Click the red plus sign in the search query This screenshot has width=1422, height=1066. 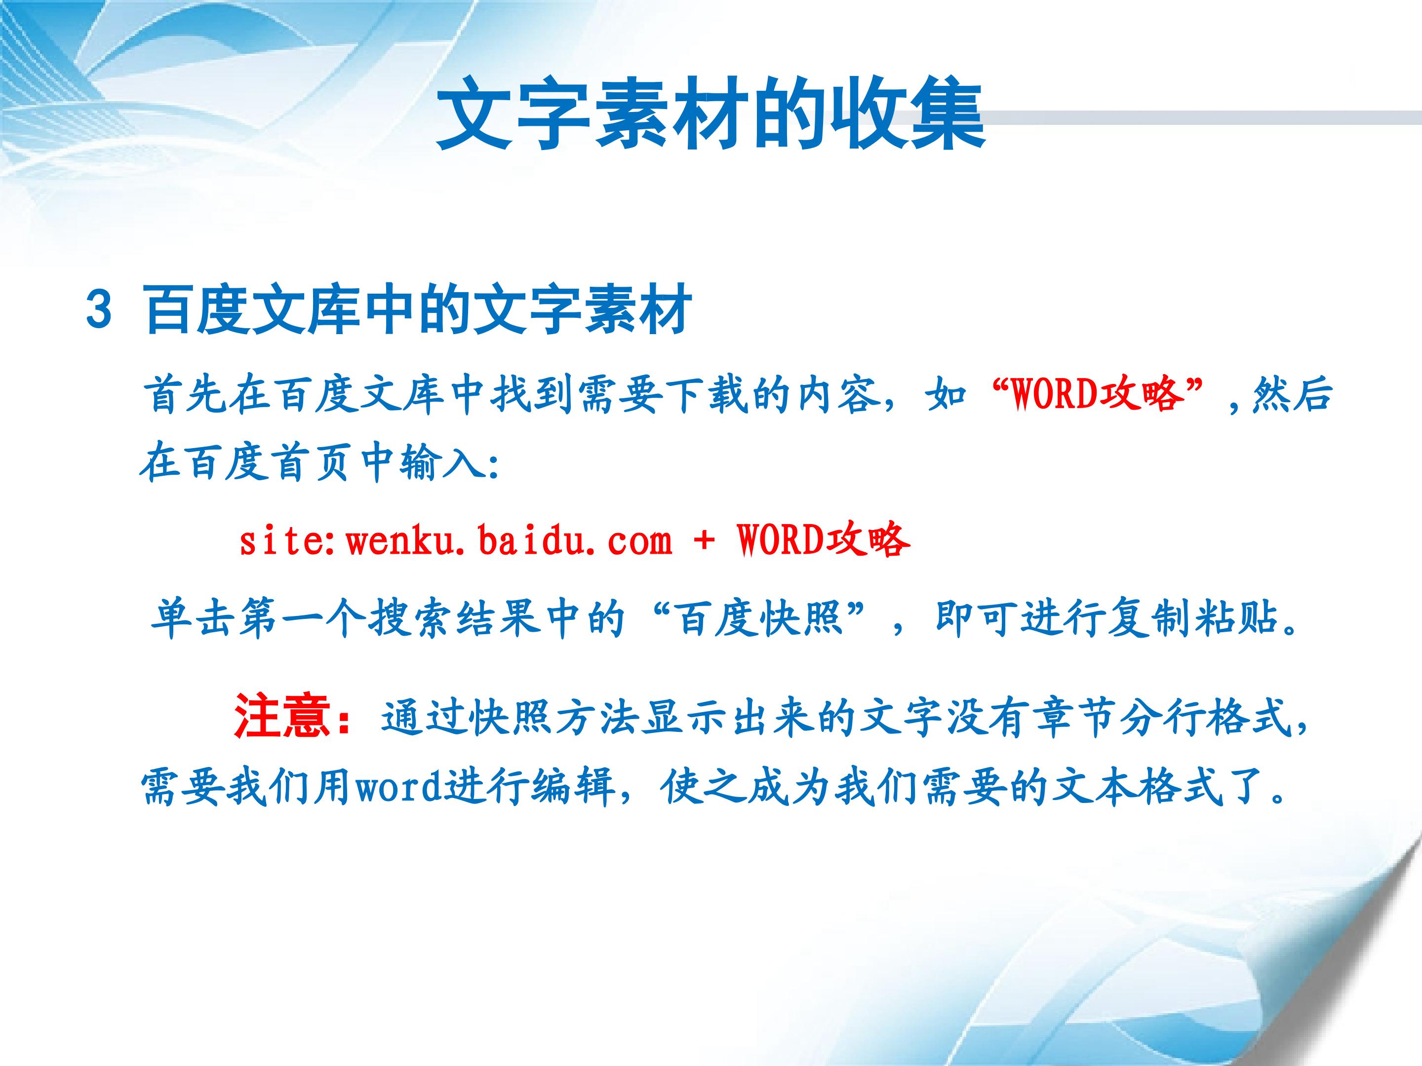click(x=704, y=541)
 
